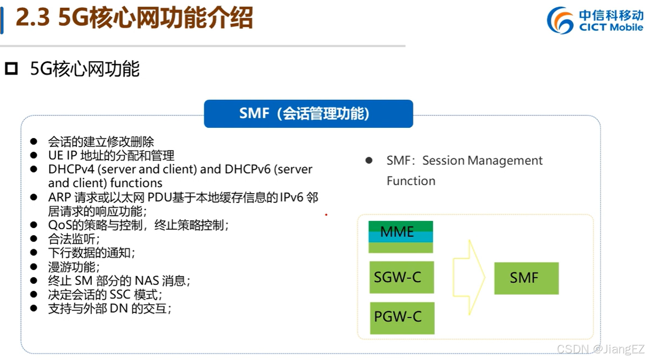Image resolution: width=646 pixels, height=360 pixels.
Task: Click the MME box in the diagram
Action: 400,236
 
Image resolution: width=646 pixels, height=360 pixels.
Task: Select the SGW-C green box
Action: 401,277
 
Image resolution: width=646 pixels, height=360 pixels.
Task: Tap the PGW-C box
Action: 402,318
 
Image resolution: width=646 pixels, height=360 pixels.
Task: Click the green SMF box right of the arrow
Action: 526,278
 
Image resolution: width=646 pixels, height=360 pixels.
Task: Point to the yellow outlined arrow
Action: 469,277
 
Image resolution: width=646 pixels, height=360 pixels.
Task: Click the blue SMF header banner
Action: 308,114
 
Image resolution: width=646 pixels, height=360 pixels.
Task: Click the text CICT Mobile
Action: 611,28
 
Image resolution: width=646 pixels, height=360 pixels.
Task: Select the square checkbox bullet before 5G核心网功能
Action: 11,69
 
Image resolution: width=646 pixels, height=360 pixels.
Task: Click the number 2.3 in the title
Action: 33,18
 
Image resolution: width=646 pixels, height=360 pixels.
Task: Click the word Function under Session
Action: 411,181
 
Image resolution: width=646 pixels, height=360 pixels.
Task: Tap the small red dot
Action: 326,215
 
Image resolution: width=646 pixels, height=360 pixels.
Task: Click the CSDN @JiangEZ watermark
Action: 600,349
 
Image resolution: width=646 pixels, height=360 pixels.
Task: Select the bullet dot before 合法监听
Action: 34,239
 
